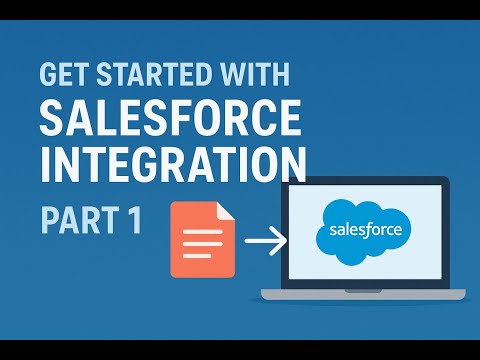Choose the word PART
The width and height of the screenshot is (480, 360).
pos(80,218)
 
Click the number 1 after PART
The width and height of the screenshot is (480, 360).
pos(135,218)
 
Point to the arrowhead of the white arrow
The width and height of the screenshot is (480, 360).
pos(280,239)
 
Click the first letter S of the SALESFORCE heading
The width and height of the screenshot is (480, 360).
pos(52,119)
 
